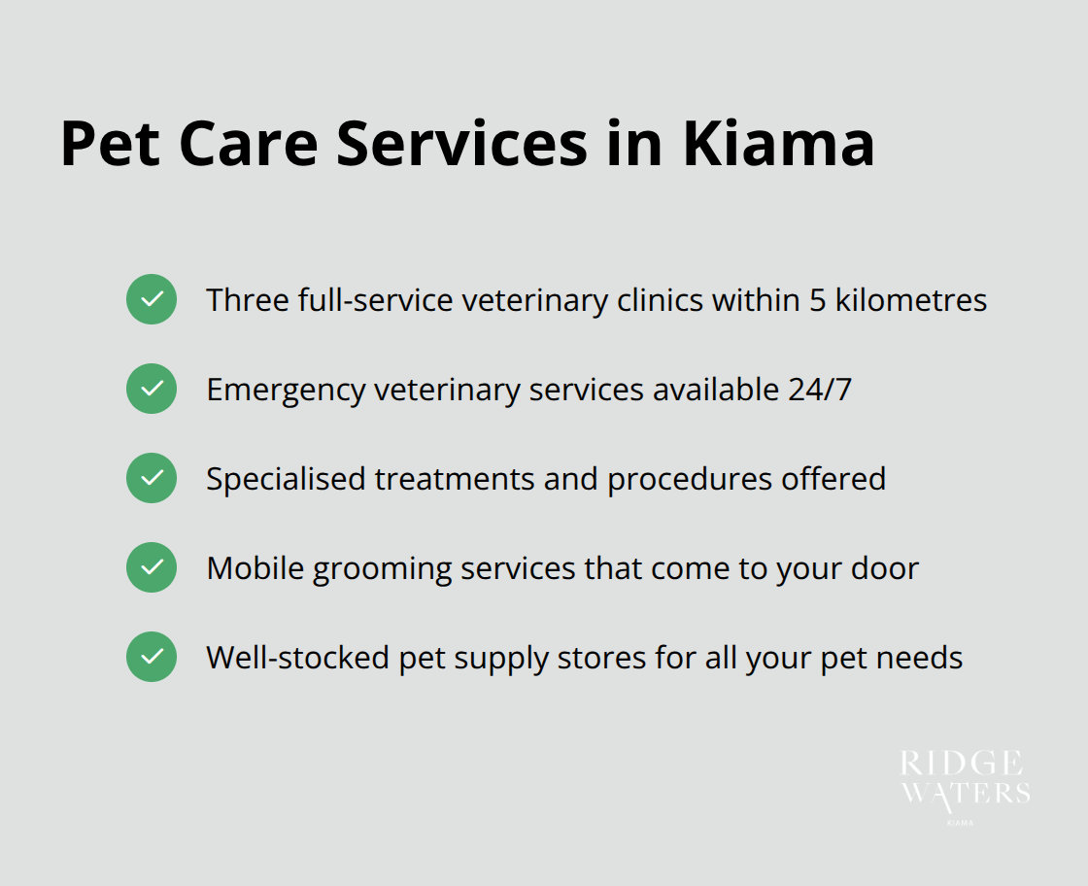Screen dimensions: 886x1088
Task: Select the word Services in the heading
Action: tap(462, 144)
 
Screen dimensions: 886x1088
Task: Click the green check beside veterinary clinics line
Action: tap(152, 299)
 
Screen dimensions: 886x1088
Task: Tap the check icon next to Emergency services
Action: tap(152, 389)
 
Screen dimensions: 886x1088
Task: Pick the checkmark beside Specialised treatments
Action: tap(152, 478)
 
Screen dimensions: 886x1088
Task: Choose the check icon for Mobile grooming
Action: tap(152, 567)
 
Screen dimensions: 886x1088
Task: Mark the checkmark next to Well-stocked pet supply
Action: tap(152, 657)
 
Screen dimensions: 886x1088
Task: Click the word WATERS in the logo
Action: tap(965, 793)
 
